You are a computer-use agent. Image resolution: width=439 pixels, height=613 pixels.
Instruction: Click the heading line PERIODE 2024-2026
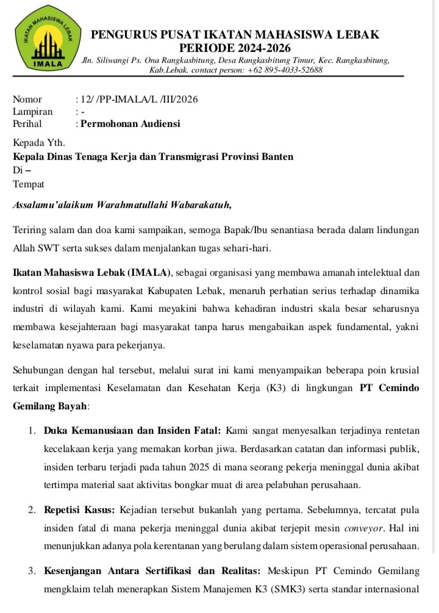[x=235, y=48]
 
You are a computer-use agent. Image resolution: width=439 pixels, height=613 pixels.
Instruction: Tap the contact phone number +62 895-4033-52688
[x=285, y=70]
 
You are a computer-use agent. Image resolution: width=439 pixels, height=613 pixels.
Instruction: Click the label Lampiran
[x=32, y=112]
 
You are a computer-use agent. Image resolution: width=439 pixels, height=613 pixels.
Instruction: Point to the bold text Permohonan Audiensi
[x=130, y=124]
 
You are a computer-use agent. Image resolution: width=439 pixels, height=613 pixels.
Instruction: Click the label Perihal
[x=29, y=124]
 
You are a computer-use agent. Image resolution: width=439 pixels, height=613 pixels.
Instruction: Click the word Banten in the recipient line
[x=276, y=157]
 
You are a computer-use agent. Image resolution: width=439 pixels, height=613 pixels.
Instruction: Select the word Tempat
[x=28, y=184]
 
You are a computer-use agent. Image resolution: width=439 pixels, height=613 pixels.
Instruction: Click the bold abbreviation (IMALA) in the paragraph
[x=151, y=271]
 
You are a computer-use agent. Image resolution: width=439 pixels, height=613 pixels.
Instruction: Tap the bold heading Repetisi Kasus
[x=80, y=510]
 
